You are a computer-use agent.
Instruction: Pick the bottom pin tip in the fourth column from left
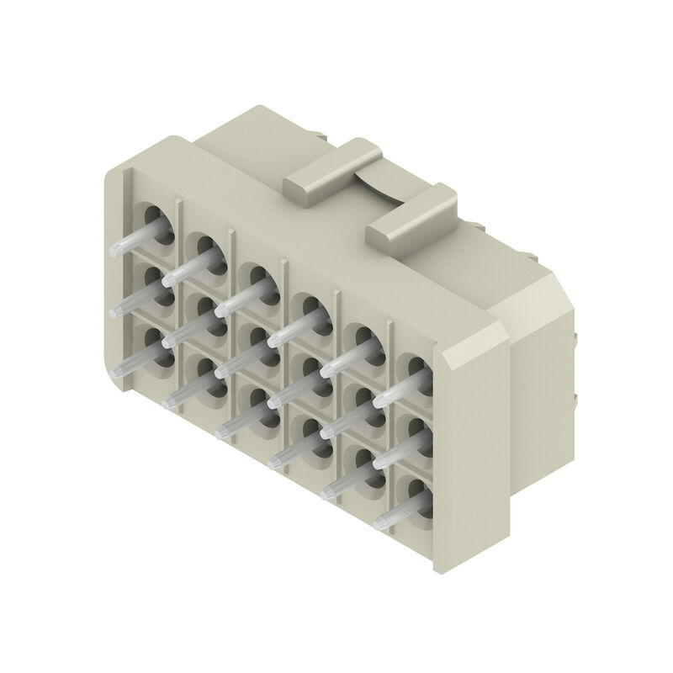pos(273,462)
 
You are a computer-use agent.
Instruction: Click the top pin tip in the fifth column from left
pos(325,371)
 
